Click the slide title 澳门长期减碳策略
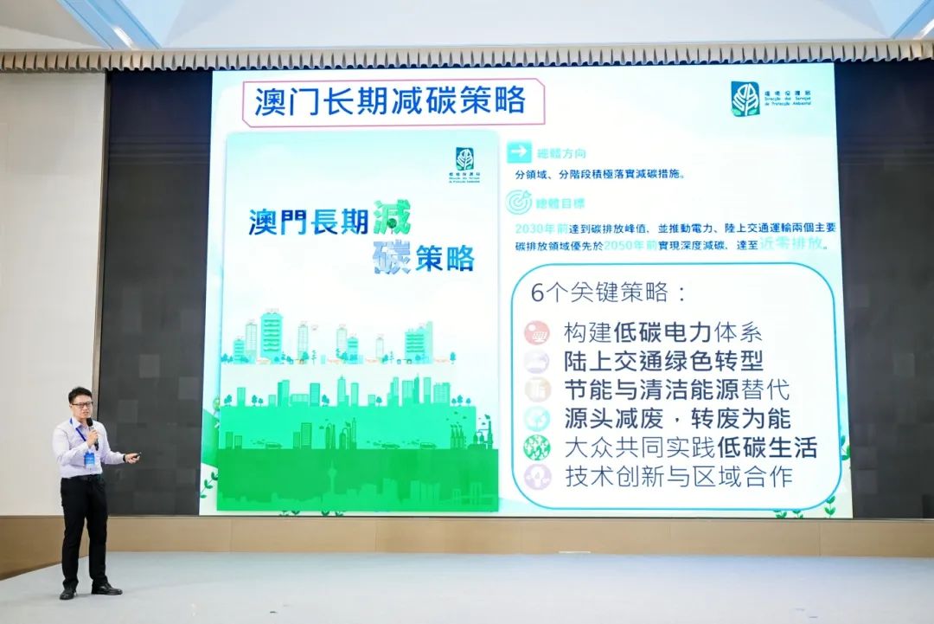(390, 101)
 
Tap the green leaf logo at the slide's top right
(745, 100)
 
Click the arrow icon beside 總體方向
(519, 152)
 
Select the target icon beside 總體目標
(519, 202)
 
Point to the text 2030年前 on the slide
(541, 228)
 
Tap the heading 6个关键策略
(608, 293)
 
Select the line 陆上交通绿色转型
(663, 361)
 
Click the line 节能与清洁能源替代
(676, 389)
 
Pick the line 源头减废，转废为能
(676, 419)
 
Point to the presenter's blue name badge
(89, 458)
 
